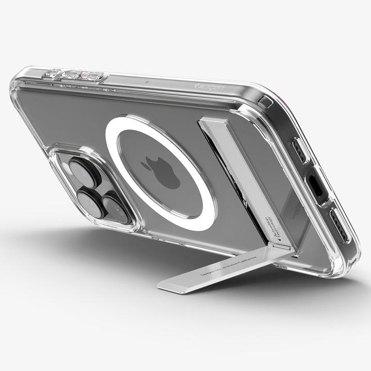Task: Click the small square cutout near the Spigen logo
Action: click(x=266, y=100)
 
